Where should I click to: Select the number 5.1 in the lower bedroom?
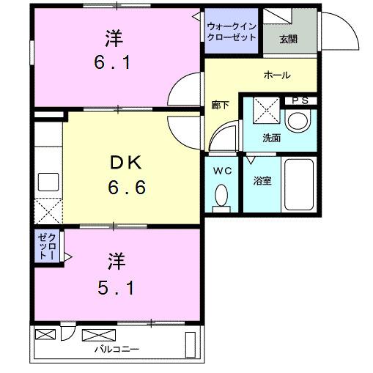point(116,287)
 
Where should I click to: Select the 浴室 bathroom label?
point(262,180)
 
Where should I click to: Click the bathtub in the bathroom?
point(299,185)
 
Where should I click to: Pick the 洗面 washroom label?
point(272,137)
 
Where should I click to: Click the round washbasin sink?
point(298,120)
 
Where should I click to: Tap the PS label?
point(299,100)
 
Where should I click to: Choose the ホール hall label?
point(276,75)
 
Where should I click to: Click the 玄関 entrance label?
point(287,39)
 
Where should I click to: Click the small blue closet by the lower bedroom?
point(46,245)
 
